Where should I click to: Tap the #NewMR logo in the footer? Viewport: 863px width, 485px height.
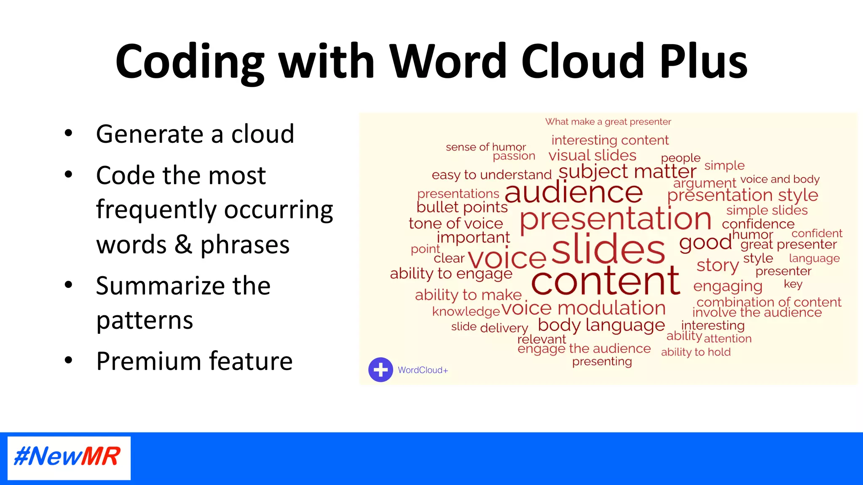[69, 457]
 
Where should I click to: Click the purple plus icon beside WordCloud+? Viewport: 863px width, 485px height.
[381, 370]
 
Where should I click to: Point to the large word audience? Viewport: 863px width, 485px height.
[574, 192]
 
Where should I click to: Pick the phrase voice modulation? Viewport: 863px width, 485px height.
[584, 308]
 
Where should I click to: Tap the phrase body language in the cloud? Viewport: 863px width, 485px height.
[601, 325]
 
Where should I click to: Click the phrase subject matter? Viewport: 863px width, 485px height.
[627, 171]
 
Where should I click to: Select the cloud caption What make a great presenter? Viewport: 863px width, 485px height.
[608, 122]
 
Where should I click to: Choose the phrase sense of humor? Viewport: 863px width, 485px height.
[485, 147]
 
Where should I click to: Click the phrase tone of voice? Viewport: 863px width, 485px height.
[456, 223]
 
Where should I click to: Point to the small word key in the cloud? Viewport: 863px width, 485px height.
[793, 284]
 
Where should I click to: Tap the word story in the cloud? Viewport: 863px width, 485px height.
[717, 265]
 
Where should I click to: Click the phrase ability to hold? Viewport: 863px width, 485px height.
[696, 352]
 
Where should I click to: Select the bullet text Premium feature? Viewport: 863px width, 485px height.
[194, 361]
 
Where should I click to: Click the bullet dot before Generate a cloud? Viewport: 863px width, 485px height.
[68, 133]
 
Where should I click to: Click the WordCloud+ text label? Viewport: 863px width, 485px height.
[423, 370]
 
